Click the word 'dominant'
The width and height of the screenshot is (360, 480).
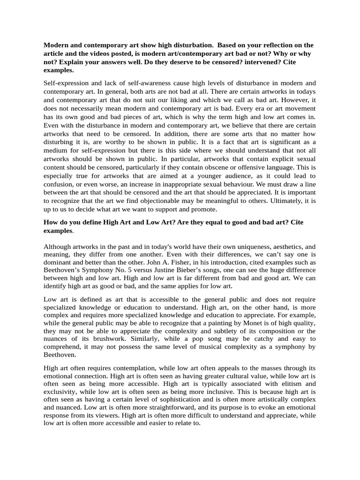click(61, 263)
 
